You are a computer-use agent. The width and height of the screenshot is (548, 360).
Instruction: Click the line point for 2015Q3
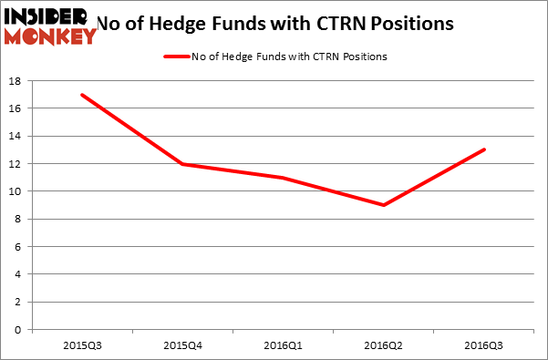tap(83, 95)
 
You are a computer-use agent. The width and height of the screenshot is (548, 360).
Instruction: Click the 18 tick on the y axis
tap(16, 81)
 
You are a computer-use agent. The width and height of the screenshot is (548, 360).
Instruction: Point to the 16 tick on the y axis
tap(16, 108)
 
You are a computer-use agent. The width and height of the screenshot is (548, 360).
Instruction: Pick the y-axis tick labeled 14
tap(16, 137)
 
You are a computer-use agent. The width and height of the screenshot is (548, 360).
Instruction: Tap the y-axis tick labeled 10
tap(16, 191)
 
